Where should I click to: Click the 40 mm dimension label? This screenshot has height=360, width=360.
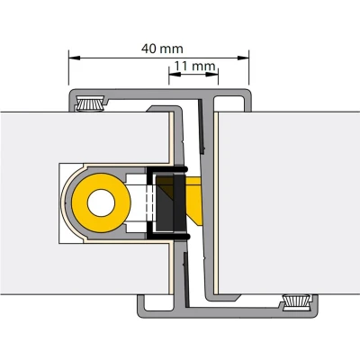[162, 49]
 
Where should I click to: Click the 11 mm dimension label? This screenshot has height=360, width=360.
[194, 66]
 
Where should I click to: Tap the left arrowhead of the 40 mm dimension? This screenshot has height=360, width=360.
[75, 58]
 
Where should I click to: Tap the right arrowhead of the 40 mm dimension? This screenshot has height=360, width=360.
[243, 58]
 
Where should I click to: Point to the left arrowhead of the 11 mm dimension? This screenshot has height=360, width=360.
[175, 75]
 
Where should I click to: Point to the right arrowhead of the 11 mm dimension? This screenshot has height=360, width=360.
[212, 75]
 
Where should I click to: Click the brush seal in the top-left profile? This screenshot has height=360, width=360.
[91, 103]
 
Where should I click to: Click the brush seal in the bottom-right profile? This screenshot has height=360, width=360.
[296, 301]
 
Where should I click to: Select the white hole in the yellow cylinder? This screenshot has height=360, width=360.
[101, 203]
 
